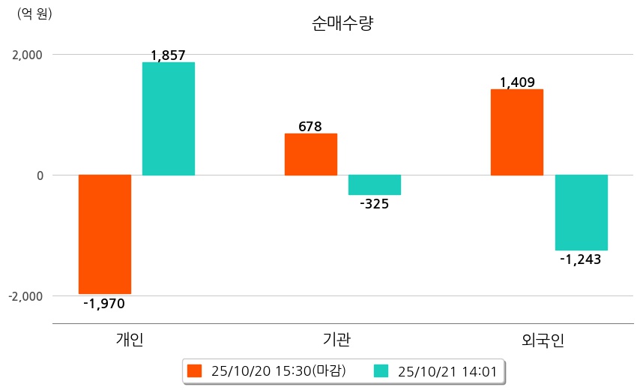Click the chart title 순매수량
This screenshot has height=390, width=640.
[342, 23]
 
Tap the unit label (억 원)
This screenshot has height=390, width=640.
[34, 13]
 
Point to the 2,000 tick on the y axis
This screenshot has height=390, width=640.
[26, 55]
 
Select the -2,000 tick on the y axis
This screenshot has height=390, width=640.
[25, 296]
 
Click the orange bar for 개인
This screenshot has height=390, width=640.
[105, 234]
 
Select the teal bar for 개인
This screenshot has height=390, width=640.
[169, 118]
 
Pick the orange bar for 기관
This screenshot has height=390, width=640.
[310, 154]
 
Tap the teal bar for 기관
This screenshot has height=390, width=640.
[375, 185]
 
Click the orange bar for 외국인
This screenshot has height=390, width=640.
[516, 132]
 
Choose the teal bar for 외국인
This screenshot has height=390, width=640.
[581, 212]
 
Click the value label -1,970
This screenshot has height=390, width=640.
[104, 304]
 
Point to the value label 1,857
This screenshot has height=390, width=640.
[168, 55]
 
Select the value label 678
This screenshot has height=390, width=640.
[310, 126]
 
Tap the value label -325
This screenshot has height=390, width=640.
[374, 203]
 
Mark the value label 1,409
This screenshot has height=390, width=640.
[517, 82]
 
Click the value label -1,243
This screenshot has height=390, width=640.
[581, 259]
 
